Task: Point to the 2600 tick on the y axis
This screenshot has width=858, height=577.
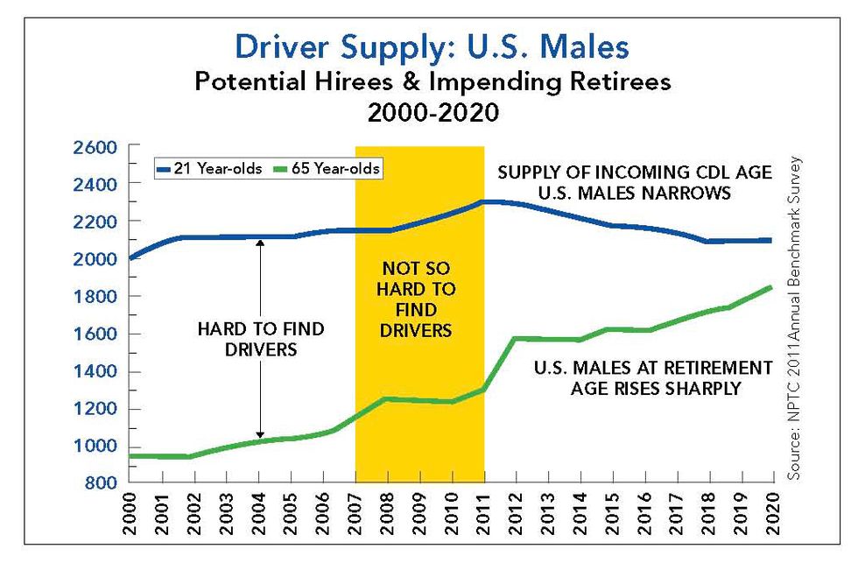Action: point(93,147)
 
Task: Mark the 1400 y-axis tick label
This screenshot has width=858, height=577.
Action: point(93,372)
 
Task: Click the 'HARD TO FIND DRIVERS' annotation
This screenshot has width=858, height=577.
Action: point(260,339)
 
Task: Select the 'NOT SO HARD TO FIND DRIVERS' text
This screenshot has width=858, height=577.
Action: point(419,300)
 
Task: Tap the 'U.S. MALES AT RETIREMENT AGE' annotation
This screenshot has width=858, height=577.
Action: point(653,377)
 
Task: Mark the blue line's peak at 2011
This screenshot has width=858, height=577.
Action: point(484,202)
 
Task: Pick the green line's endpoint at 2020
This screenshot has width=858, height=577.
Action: point(772,287)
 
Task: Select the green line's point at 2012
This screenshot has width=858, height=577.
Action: point(517,338)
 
